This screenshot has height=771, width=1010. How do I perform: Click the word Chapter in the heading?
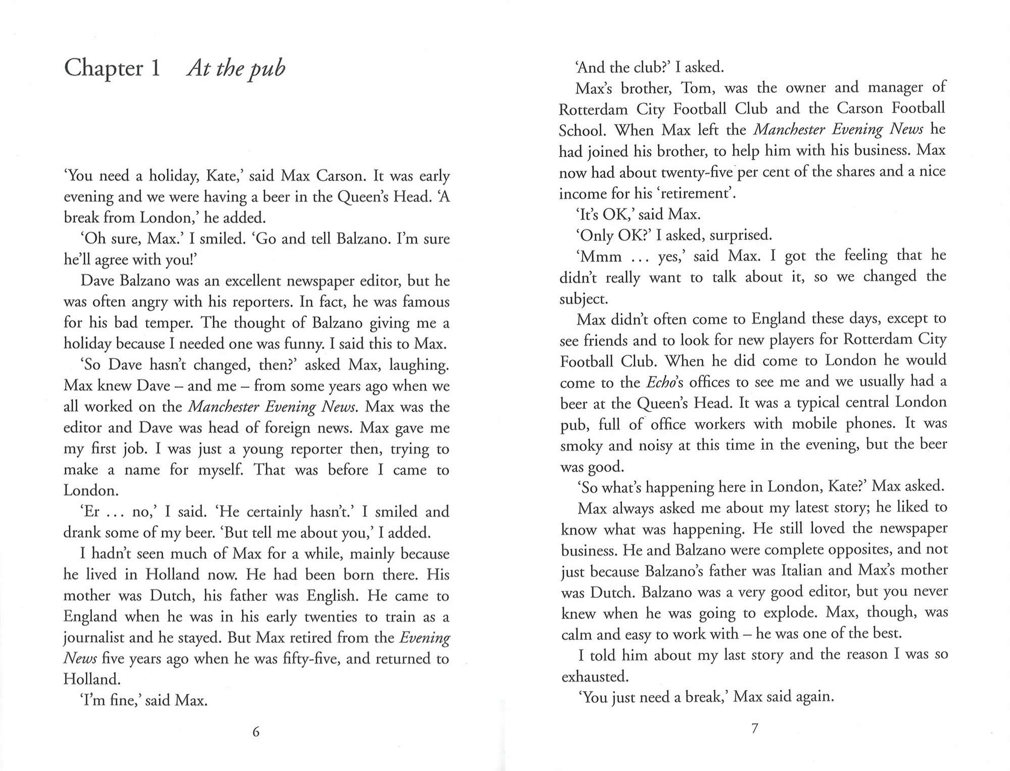(x=104, y=68)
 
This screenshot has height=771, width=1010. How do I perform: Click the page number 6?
(x=256, y=732)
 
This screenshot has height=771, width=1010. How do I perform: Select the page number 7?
(x=754, y=729)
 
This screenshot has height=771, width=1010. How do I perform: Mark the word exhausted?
(x=595, y=677)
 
